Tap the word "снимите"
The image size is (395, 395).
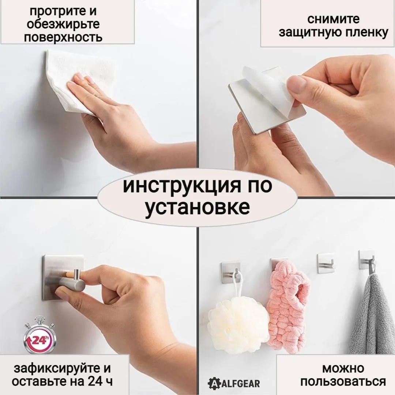click(x=333, y=19)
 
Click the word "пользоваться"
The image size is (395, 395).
click(x=343, y=381)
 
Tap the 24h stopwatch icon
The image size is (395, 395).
click(x=39, y=335)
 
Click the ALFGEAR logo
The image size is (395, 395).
click(x=234, y=384)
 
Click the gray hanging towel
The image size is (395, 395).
click(x=372, y=315)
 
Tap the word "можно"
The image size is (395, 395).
click(x=343, y=369)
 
